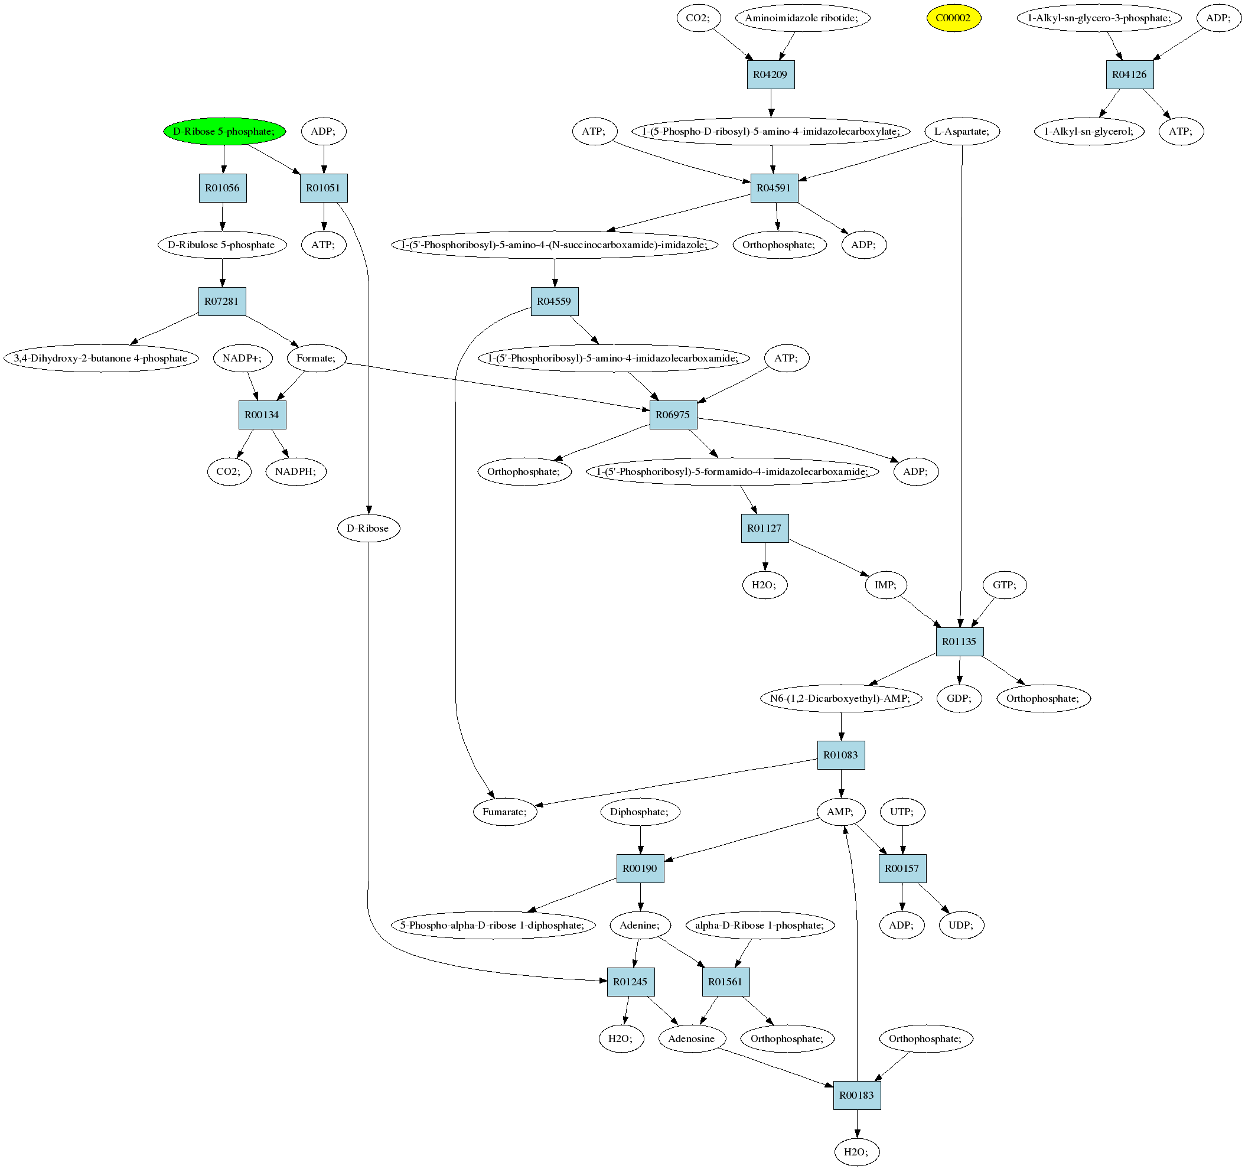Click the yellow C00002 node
(x=953, y=18)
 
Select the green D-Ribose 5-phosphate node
(x=224, y=132)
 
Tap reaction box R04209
(x=770, y=74)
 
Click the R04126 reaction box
(x=1129, y=74)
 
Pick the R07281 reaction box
(x=221, y=301)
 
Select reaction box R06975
(x=673, y=415)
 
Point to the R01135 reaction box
(x=959, y=642)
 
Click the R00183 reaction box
(x=857, y=1095)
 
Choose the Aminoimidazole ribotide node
(x=801, y=18)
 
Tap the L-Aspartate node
(x=962, y=132)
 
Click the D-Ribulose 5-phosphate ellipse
(x=221, y=245)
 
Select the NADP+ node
(x=243, y=359)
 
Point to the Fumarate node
(x=505, y=812)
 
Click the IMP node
(x=885, y=585)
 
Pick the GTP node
(x=1005, y=585)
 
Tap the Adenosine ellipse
(x=692, y=1038)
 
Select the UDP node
(x=962, y=925)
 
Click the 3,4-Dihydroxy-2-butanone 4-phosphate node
(x=101, y=359)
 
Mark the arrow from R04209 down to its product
(x=771, y=103)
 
